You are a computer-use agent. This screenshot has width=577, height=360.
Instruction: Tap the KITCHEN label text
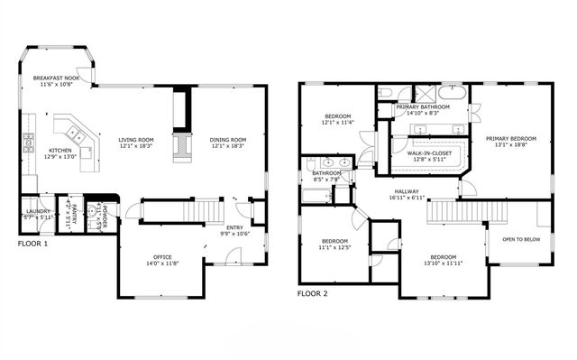pyautogui.click(x=60, y=151)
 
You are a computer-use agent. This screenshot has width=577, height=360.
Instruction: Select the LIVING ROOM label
pyautogui.click(x=136, y=140)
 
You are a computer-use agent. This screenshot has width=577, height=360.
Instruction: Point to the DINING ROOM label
pyautogui.click(x=228, y=140)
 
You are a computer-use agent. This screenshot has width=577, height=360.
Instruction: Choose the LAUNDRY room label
pyautogui.click(x=37, y=211)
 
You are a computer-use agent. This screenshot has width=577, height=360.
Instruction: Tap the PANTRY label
pyautogui.click(x=73, y=213)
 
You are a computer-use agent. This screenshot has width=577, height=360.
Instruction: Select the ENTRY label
pyautogui.click(x=234, y=227)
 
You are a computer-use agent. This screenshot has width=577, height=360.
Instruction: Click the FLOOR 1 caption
pyautogui.click(x=33, y=244)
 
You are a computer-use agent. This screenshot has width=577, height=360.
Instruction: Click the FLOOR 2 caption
pyautogui.click(x=313, y=293)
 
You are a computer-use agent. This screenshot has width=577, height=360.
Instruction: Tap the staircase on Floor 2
pyautogui.click(x=455, y=213)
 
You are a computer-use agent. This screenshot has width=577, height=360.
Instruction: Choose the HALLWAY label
pyautogui.click(x=410, y=191)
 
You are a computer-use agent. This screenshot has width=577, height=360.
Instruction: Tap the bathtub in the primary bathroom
pyautogui.click(x=451, y=93)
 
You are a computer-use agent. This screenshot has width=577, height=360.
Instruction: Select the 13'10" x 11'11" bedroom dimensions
pyautogui.click(x=442, y=263)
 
